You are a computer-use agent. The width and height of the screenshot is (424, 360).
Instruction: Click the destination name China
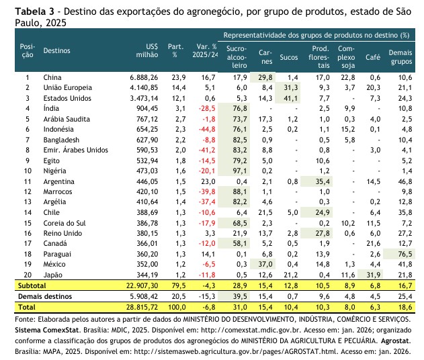pos(53,77)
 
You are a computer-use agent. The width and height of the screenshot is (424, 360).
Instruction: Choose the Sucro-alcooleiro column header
pos(237,57)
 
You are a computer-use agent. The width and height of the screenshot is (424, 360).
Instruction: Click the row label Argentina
pos(60,181)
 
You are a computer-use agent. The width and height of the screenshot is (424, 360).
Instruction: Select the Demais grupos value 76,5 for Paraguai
pos(404,255)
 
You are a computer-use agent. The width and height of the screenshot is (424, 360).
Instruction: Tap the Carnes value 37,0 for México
pos(264,265)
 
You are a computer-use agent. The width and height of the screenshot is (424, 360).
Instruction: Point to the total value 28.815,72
pos(139,306)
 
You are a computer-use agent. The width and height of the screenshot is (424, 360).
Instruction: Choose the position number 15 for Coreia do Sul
pos(28,223)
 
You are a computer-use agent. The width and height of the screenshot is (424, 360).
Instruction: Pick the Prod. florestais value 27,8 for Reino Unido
pos(323,233)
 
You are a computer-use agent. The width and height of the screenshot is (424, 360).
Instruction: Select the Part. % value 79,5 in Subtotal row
pos(176,285)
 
